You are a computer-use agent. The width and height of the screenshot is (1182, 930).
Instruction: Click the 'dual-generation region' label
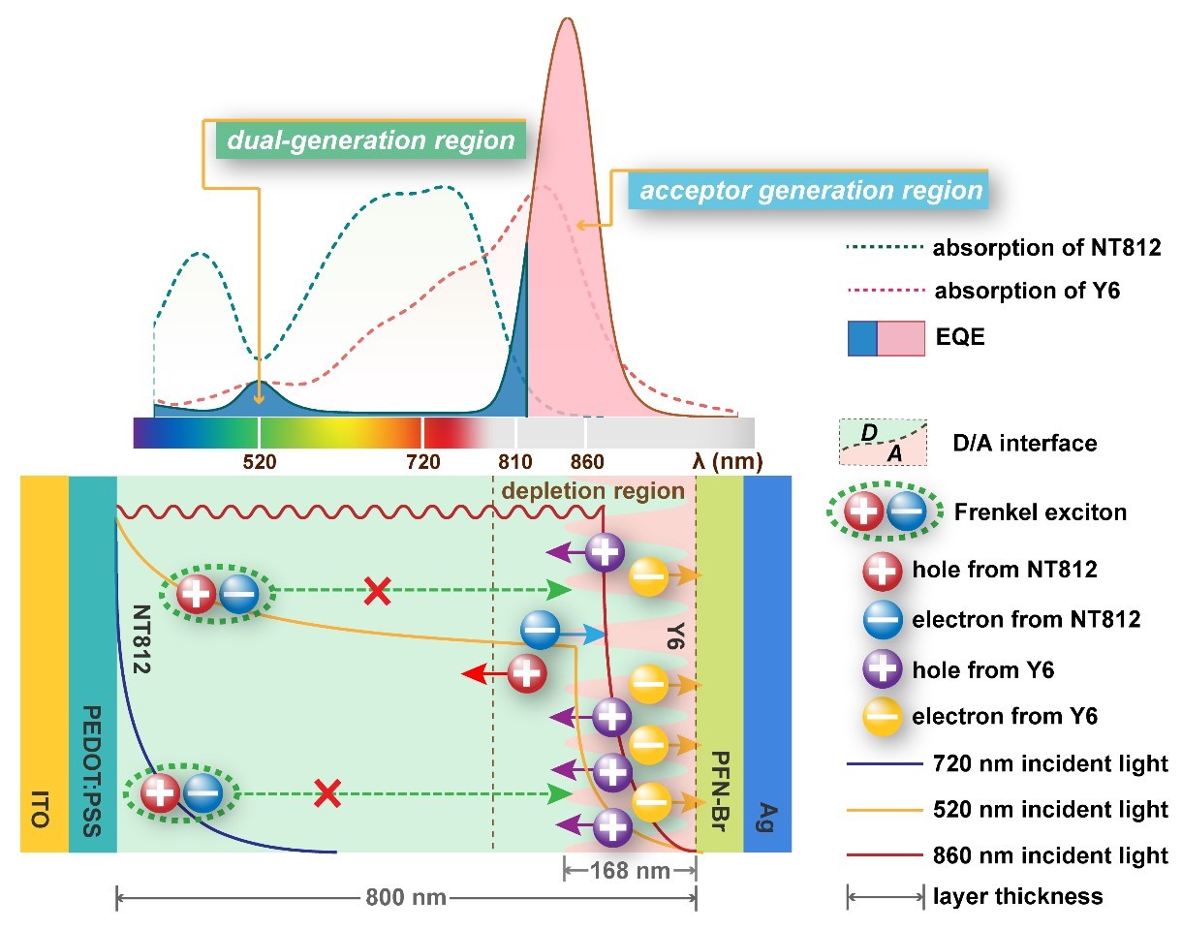(370, 140)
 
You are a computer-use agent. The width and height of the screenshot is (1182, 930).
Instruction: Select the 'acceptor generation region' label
(806, 190)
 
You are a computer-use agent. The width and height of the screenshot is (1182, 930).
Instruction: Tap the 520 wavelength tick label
(259, 461)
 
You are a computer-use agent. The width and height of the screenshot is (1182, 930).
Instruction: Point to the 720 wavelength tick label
(422, 461)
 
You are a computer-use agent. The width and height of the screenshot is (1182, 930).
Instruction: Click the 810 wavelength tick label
(515, 461)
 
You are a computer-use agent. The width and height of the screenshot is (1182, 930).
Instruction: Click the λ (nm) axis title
(727, 461)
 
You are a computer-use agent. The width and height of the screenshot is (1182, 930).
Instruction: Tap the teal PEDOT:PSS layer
(92, 665)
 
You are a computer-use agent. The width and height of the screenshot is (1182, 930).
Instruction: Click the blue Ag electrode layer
(767, 665)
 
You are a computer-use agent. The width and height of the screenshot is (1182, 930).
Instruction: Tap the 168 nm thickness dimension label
(630, 870)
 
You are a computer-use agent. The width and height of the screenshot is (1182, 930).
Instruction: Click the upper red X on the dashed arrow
(376, 590)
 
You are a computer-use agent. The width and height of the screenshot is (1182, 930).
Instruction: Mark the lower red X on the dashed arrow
(327, 795)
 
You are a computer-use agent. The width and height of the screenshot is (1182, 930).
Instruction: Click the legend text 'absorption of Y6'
(1026, 290)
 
